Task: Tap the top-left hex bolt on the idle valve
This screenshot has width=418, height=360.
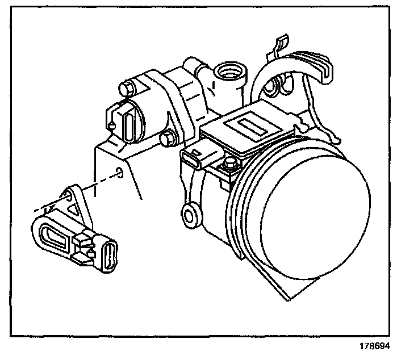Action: pos(127,88)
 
